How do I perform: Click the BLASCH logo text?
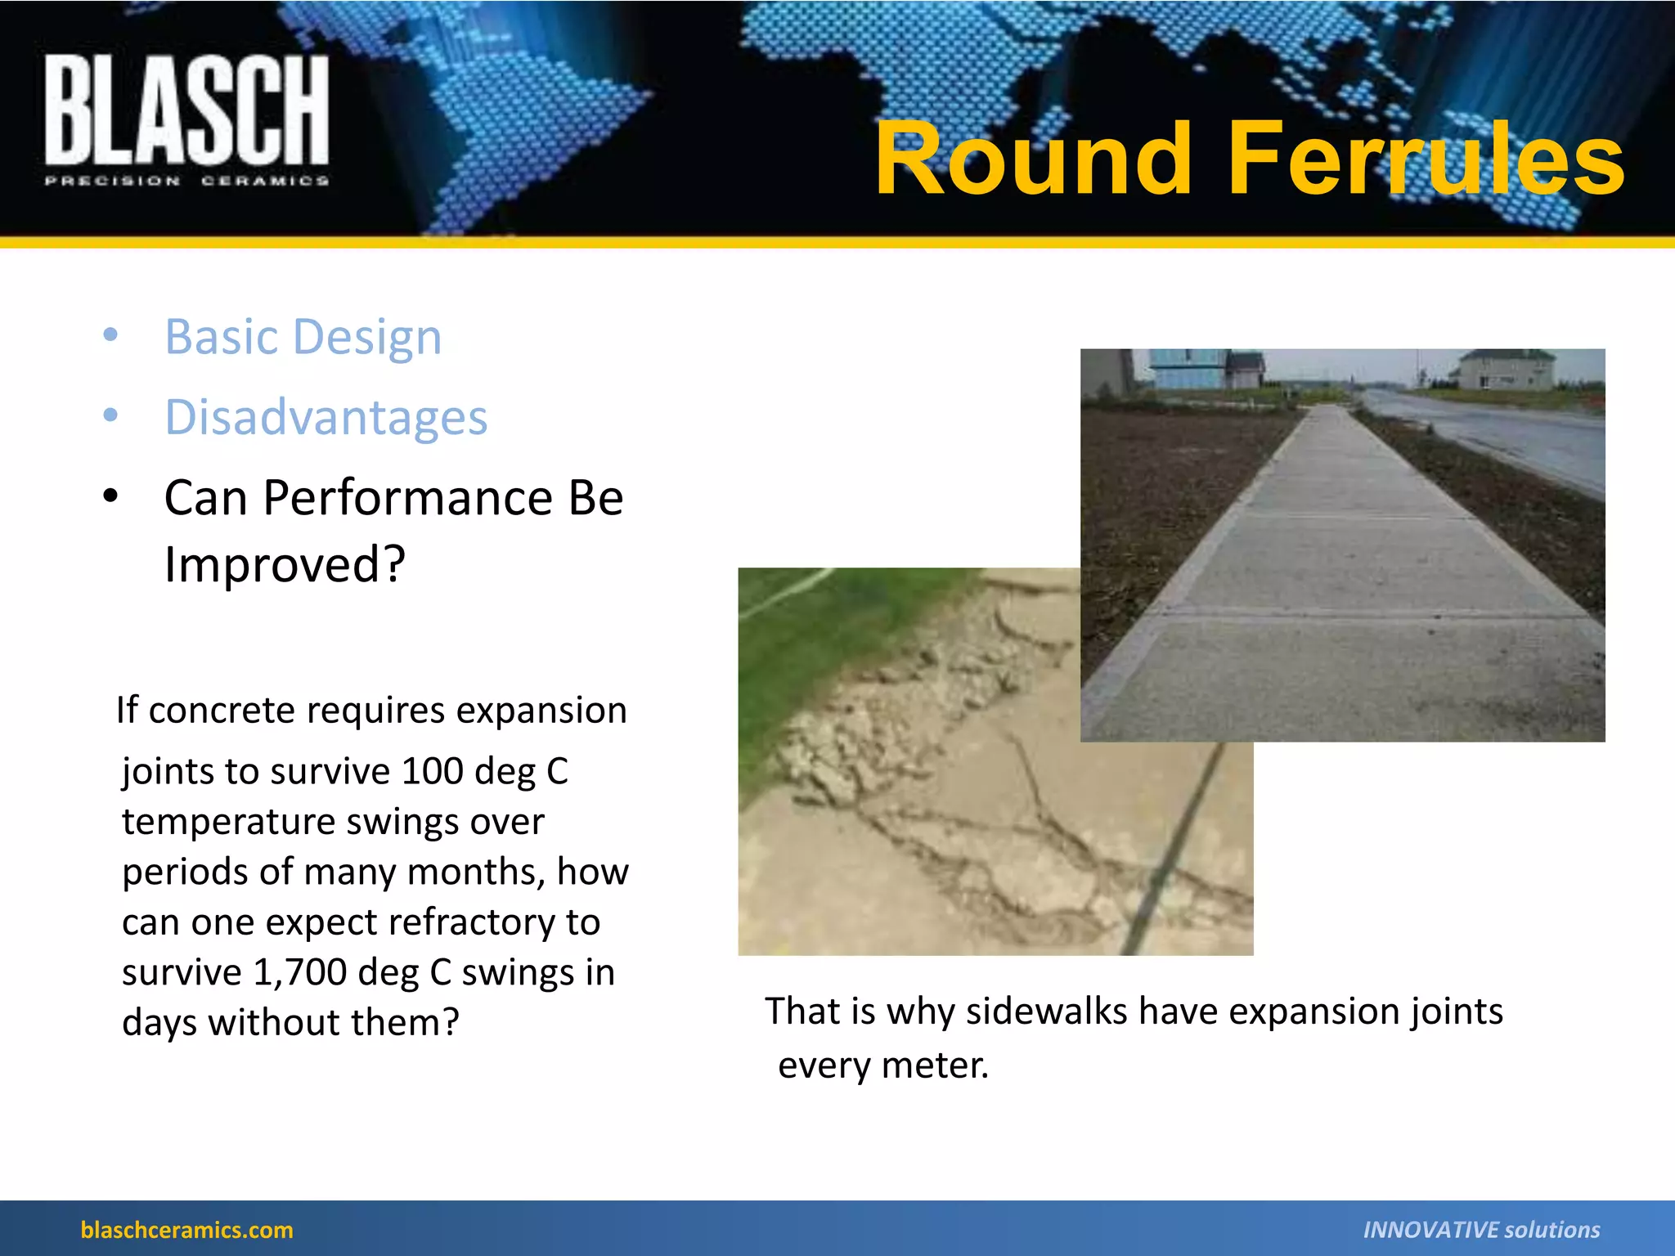(186, 110)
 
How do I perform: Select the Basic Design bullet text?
(303, 337)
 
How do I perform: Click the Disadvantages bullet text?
(326, 417)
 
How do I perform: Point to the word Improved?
(285, 564)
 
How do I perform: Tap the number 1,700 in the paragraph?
(299, 972)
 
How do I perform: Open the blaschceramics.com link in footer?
(186, 1230)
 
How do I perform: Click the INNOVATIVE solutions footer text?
(1480, 1230)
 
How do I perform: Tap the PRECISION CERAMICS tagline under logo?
(186, 181)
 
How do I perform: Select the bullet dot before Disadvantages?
(110, 415)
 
